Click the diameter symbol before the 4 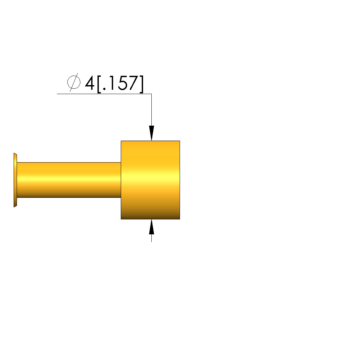[74, 82]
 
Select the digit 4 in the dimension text [90, 83]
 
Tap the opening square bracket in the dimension [99, 84]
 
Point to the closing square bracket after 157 [141, 84]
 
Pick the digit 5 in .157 [122, 83]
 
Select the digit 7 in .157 [133, 83]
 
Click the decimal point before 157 [104, 89]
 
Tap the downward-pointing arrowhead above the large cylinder [151, 133]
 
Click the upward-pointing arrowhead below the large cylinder [151, 227]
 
